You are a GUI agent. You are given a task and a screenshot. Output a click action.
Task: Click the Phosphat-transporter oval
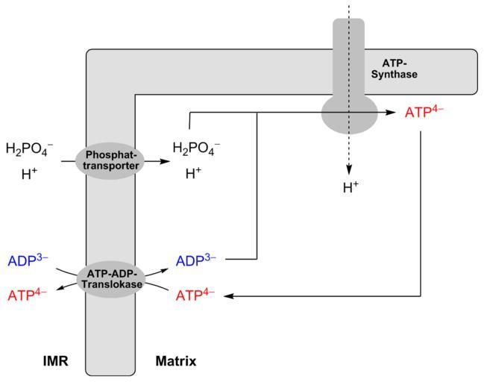[x=111, y=160]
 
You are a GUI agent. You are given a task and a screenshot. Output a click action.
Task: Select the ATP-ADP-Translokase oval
[x=111, y=279]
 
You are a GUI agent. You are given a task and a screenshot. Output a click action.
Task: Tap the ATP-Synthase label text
[x=395, y=69]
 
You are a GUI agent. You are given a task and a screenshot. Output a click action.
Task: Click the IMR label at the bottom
[x=56, y=362]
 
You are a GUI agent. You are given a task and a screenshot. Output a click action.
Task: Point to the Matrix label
[x=176, y=362]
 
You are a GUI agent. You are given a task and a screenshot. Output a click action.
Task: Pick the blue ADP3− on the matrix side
[x=195, y=260]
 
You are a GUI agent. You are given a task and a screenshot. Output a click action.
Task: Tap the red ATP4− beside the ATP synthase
[x=424, y=113]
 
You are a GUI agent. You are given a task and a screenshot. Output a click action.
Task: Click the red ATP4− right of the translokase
[x=195, y=295]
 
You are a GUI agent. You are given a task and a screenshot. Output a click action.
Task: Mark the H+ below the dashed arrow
[x=351, y=187]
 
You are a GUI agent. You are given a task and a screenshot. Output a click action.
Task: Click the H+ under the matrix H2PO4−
[x=193, y=174]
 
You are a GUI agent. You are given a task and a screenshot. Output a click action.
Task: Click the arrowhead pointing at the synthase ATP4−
[x=392, y=112]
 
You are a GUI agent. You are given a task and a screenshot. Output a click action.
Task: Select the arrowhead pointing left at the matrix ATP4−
[x=228, y=296]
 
